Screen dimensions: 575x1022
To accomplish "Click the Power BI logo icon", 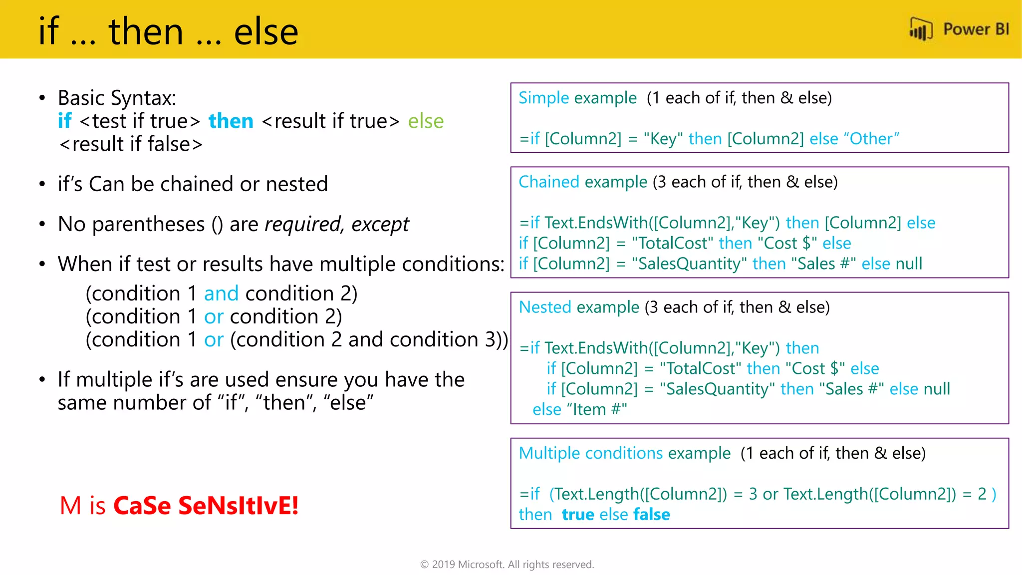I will tap(921, 29).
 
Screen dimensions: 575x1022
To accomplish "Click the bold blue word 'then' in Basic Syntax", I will tap(231, 121).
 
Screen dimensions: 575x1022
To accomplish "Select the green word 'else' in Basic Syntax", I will tap(426, 121).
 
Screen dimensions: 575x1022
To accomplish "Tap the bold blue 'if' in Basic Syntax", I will tap(65, 121).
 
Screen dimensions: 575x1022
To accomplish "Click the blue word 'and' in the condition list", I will tap(221, 293).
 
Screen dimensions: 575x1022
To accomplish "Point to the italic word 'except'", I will tap(380, 225).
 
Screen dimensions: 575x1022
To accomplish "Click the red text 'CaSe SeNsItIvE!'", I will tap(206, 506).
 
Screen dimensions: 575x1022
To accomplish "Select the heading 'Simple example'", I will tap(577, 98).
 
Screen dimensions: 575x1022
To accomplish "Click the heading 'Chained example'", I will tap(582, 182).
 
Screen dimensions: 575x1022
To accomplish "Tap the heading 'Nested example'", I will tap(579, 307).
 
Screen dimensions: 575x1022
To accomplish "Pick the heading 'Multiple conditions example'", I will tap(624, 453).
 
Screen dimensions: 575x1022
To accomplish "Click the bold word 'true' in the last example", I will tap(578, 515).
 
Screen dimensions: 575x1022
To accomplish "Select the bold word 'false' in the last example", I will tap(652, 515).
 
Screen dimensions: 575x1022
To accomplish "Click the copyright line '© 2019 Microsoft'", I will tap(507, 565).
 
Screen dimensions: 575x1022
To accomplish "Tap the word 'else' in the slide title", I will tap(266, 31).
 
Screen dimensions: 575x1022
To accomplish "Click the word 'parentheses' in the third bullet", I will tap(148, 225).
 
